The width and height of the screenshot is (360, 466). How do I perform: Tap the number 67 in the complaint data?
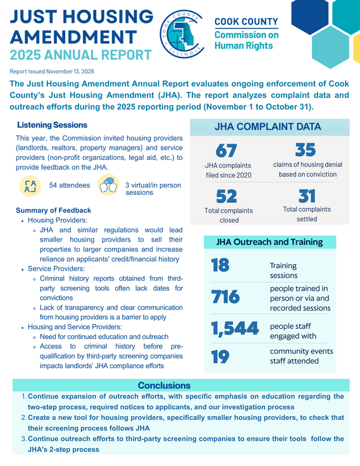[x=226, y=152]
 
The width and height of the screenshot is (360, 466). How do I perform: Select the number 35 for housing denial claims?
[x=305, y=150]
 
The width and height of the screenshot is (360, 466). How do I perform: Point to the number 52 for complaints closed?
[x=227, y=197]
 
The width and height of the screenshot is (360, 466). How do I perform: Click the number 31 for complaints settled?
[x=307, y=197]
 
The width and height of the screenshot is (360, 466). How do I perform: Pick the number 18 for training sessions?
[x=220, y=266]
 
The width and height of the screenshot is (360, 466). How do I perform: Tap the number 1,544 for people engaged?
[x=234, y=328]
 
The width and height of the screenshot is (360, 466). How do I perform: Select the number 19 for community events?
[x=220, y=357]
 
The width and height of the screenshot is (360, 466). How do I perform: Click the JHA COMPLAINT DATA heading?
[x=277, y=126]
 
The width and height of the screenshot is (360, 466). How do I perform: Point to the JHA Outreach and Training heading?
[x=270, y=242]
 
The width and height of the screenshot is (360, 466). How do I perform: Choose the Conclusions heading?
[x=164, y=385]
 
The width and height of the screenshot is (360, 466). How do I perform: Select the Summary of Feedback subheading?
[x=53, y=210]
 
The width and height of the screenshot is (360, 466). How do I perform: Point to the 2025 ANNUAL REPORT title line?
[x=80, y=54]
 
